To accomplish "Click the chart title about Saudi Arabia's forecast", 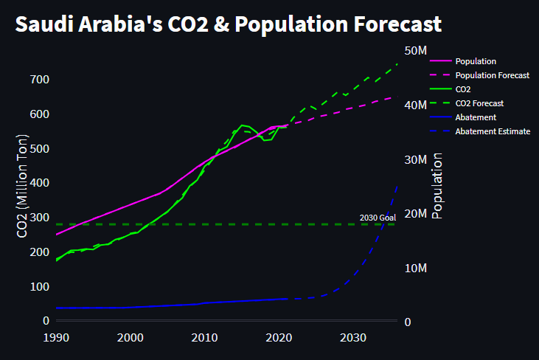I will pos(228,24).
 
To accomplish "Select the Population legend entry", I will pos(476,61).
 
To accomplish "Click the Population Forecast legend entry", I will pos(492,75).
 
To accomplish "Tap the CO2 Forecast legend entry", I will pos(479,103).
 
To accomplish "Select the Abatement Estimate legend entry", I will pos(492,131).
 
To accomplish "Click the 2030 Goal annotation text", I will pos(378,218).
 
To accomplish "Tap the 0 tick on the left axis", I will pos(45,321).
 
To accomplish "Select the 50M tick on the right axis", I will pos(417,50).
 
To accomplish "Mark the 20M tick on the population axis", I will pos(417,214).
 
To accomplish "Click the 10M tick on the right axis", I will pos(417,268).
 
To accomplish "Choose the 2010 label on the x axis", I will pos(204,338).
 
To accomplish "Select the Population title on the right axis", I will pos(437,186).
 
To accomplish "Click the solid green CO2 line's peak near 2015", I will pos(243,125).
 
